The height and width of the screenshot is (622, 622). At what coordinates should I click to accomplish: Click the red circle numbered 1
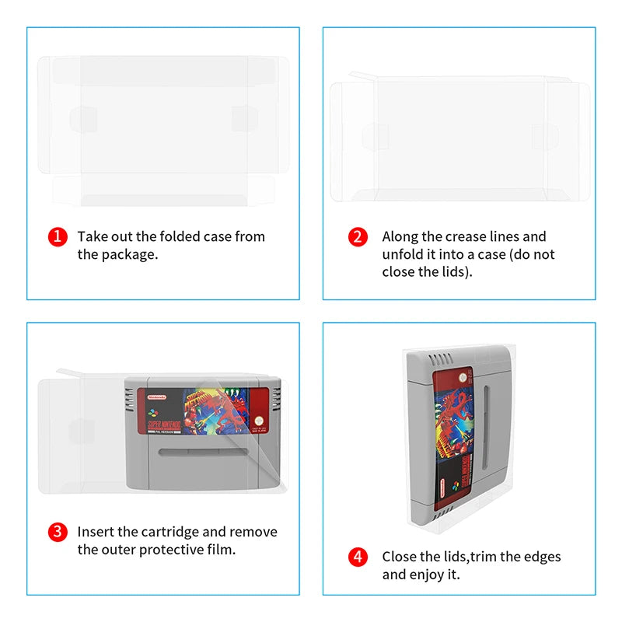coord(58,237)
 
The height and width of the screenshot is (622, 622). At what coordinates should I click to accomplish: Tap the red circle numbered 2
coord(357,237)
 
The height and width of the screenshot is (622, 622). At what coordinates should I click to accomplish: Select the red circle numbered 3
coord(58,533)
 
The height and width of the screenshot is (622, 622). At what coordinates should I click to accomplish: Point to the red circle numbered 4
coord(357,557)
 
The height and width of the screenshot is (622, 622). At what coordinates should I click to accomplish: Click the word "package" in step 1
coord(128,255)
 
